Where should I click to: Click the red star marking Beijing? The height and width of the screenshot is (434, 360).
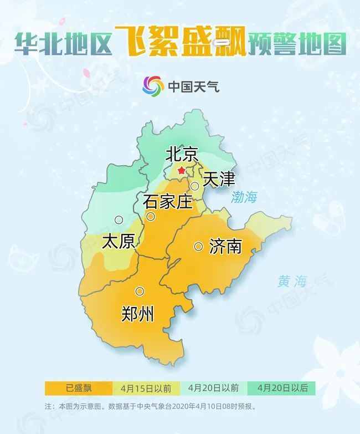coord(182,172)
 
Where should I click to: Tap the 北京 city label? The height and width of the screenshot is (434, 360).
coord(182,155)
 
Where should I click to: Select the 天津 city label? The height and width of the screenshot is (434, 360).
coord(219,179)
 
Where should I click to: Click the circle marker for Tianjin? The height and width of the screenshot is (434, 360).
coord(195,186)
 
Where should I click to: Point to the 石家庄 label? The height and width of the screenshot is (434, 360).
coord(168,201)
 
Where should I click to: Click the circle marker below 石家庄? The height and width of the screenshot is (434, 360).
coord(150,216)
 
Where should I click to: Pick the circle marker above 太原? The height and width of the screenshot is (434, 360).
coord(119,219)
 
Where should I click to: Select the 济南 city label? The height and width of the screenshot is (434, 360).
coord(226,246)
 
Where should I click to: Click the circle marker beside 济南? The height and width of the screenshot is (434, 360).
coord(198,246)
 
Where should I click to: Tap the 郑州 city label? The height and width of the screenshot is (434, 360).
coord(137,314)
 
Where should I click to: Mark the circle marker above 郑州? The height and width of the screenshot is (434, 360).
coord(140,291)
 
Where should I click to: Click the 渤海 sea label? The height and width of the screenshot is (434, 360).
coord(245,197)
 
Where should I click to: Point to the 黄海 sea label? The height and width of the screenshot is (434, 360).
coord(292,282)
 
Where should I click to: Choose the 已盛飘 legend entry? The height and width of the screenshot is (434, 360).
coord(79,387)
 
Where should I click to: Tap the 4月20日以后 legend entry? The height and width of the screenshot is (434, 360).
coord(282,387)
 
